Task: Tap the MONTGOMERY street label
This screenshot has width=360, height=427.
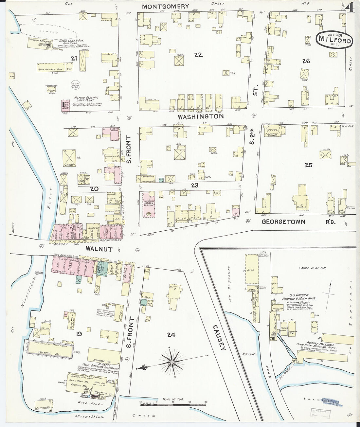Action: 165,6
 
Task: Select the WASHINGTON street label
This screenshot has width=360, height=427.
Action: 201,116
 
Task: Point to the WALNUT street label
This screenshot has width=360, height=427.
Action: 99,249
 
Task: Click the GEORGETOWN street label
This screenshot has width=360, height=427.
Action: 283,222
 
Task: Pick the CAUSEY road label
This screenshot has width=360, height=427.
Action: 218,337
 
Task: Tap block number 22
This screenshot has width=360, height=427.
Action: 198,55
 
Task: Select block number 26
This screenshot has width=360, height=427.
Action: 306,61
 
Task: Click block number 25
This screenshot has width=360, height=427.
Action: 308,165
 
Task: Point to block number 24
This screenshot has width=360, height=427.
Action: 171,334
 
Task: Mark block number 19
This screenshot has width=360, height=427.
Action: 79,334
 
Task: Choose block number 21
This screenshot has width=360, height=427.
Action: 74,58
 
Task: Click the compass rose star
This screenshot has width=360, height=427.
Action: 172,362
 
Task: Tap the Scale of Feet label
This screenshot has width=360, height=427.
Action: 173,399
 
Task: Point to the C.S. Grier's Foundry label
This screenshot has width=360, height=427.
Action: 298,296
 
